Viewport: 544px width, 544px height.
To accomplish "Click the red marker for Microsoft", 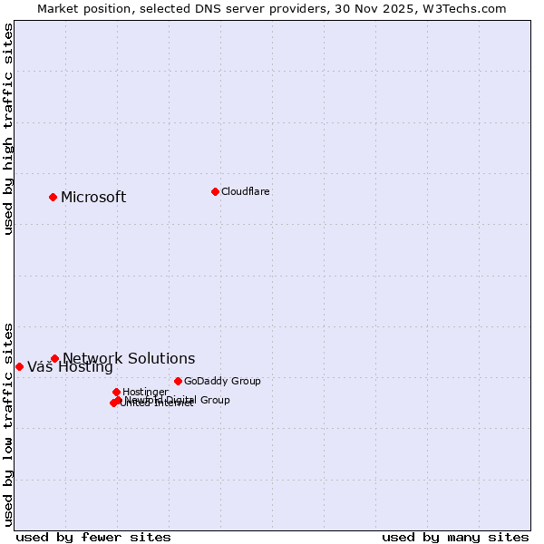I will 53,197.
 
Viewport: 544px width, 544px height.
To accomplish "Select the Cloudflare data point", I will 215,191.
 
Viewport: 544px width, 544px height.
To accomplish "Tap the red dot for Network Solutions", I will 54,358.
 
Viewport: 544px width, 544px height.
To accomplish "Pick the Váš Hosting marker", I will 19,366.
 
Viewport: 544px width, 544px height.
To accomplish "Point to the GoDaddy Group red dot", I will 178,381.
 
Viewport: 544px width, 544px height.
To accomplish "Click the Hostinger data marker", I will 116,392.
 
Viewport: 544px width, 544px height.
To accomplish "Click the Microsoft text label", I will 93,198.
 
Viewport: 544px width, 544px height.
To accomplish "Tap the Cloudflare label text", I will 246,191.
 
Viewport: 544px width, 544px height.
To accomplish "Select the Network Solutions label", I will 129,359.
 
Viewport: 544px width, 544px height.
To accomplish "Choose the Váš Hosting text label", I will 70,367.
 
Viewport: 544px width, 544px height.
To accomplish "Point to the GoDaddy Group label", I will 222,381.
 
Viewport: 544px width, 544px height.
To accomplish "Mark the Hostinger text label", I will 145,392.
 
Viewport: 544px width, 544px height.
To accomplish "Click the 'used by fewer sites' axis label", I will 93,537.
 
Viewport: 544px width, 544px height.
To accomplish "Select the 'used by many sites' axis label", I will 455,537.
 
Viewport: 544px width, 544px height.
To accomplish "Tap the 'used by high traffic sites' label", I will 8,129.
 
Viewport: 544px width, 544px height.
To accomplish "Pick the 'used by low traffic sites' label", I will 8,424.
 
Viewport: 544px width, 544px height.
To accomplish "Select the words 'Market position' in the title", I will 79,9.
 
